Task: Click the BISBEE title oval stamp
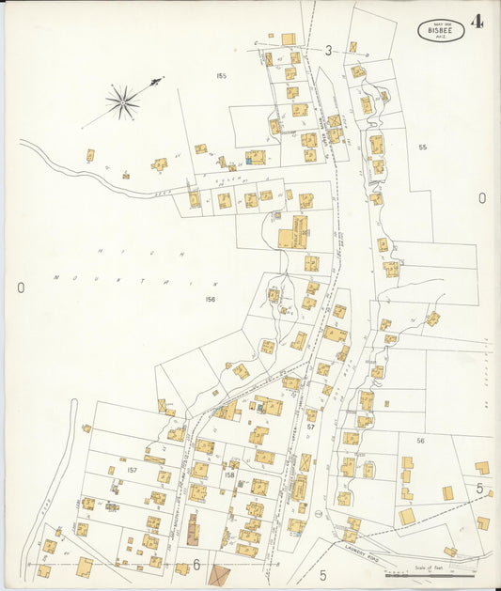[441, 30]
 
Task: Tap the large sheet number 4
[479, 22]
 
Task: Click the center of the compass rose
[122, 101]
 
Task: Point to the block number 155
[221, 76]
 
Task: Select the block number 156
[210, 299]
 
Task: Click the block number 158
[229, 475]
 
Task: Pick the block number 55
[422, 148]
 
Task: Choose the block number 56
[420, 441]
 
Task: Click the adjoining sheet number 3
[329, 50]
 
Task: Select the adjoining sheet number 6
[196, 565]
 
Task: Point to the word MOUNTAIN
[136, 279]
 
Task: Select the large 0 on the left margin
[20, 288]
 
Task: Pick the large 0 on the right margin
[482, 198]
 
